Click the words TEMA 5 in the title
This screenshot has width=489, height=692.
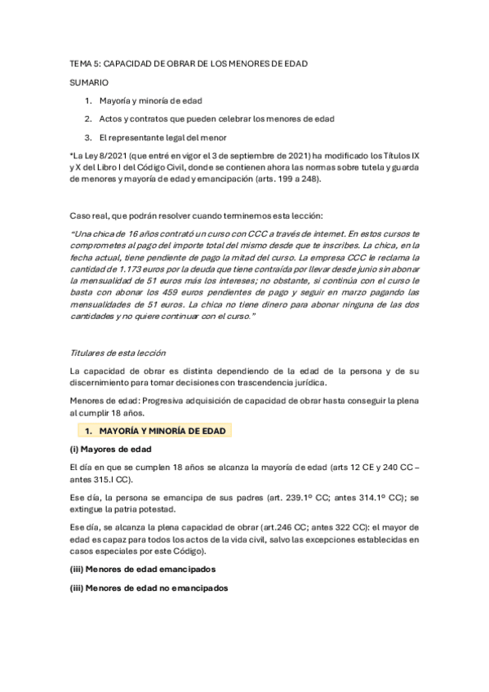[84, 64]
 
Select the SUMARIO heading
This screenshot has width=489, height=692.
[89, 82]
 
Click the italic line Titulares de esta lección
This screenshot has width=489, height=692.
[118, 353]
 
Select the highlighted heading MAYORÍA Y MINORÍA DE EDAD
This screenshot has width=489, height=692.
[162, 430]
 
